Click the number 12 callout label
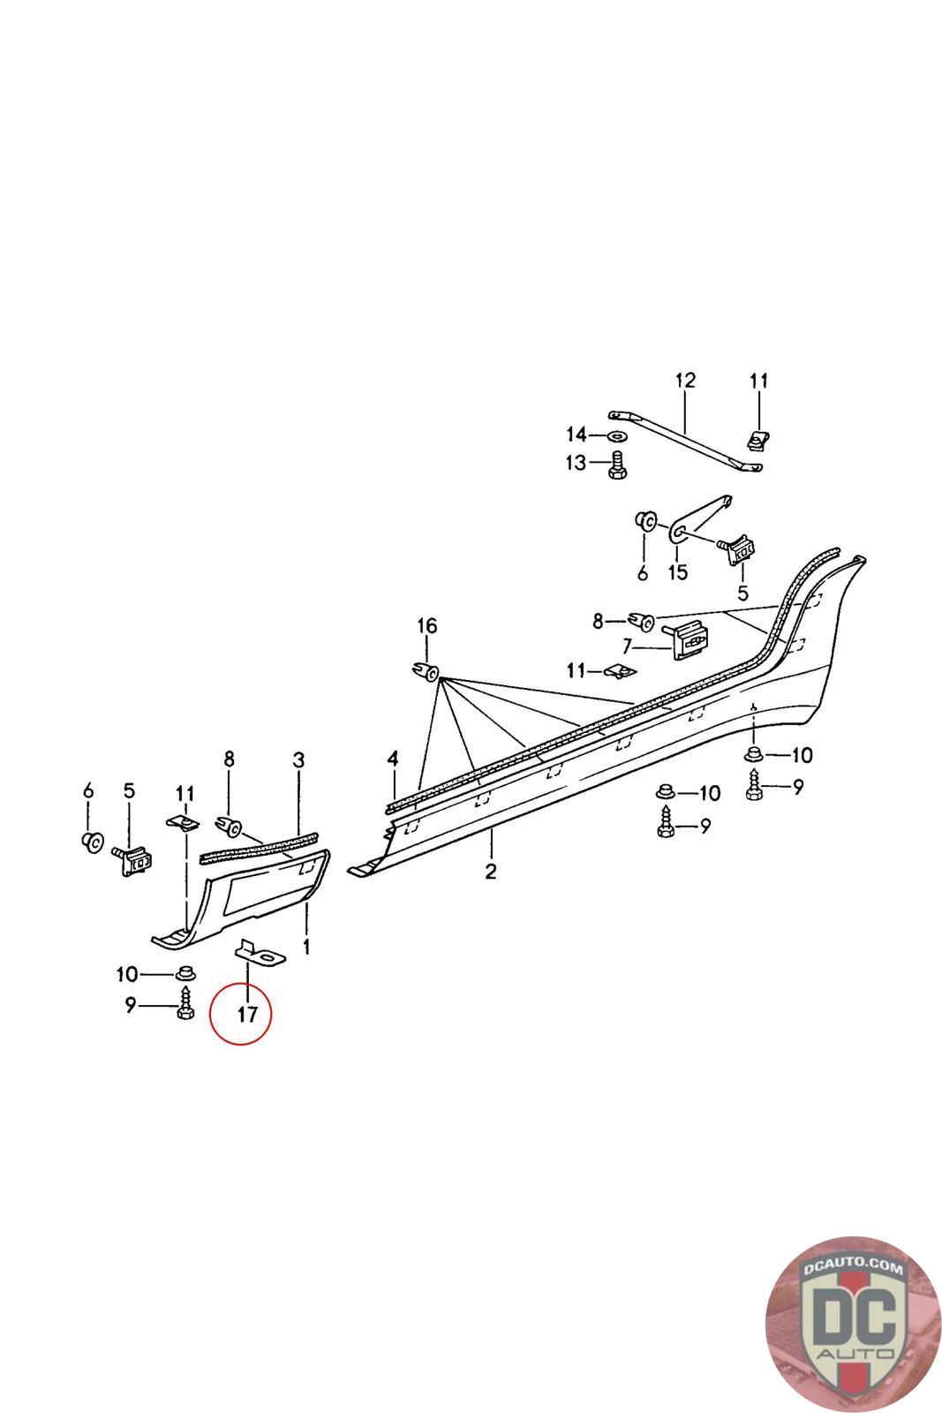coord(685,381)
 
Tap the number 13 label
coord(576,462)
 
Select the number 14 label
coord(576,434)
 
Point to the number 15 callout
coord(677,572)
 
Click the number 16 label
coord(426,626)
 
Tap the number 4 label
coord(393,759)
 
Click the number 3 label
coord(298,759)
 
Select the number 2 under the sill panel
coord(490,872)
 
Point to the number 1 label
coord(306,947)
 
